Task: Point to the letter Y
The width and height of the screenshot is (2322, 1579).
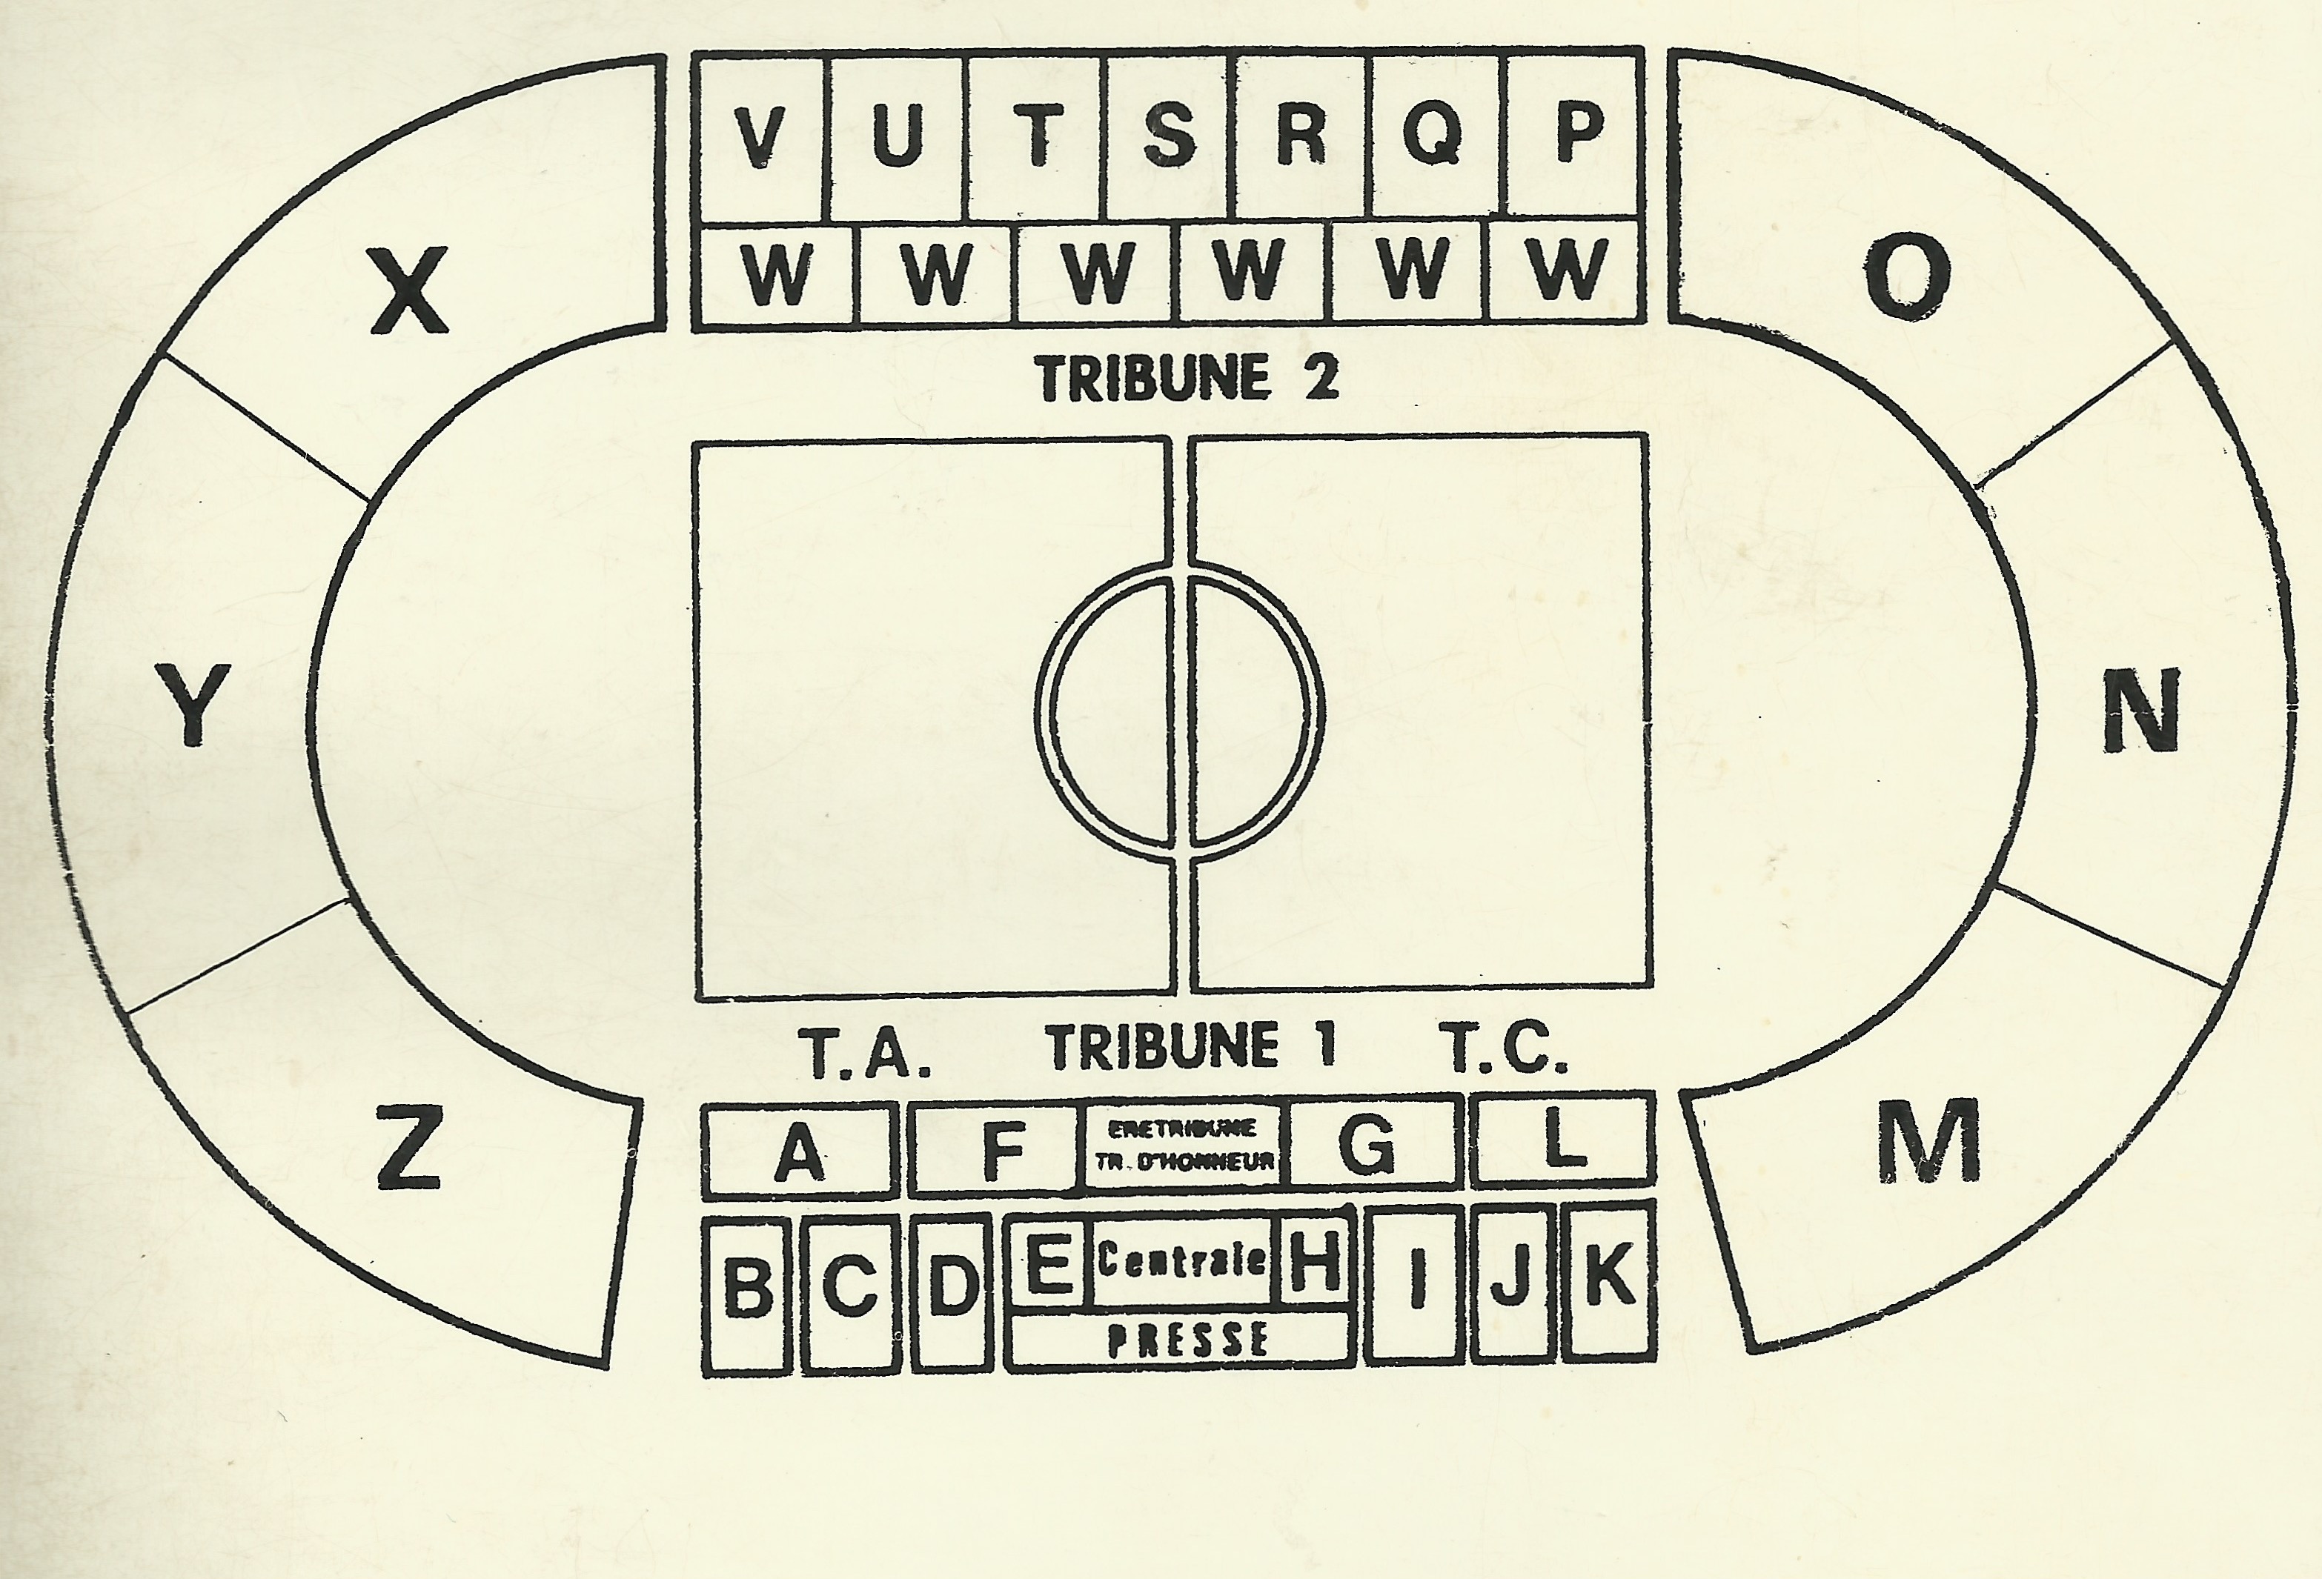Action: [193, 706]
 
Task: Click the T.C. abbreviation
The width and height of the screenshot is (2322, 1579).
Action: [1507, 1048]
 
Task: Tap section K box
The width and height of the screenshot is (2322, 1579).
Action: [1608, 1280]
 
